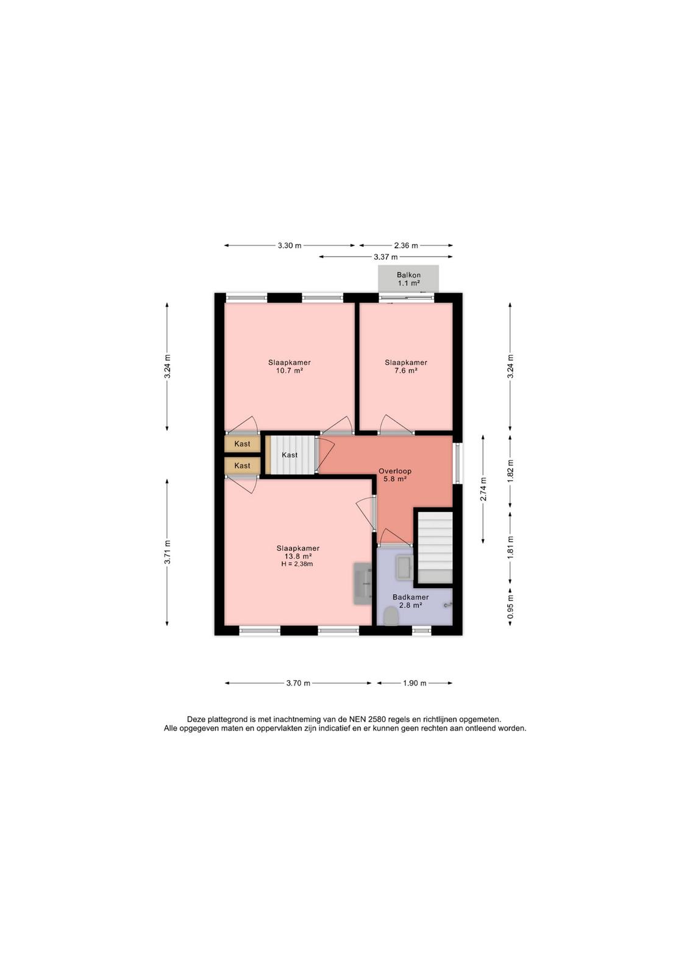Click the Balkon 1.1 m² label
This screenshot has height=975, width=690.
click(x=408, y=279)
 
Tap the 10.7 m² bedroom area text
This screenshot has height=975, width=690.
click(x=289, y=371)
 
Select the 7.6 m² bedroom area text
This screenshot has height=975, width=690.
click(x=405, y=371)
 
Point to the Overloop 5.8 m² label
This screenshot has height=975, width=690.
click(x=394, y=475)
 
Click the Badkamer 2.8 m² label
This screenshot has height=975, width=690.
click(x=410, y=601)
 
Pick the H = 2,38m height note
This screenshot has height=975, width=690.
click(x=297, y=564)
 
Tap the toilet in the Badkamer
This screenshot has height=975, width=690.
click(x=391, y=617)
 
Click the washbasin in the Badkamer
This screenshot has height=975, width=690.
click(x=404, y=567)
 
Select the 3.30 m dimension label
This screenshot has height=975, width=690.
click(x=290, y=246)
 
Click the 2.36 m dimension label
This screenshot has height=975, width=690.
click(x=406, y=246)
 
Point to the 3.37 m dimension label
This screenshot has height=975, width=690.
click(x=386, y=257)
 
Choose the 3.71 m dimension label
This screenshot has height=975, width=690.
click(x=167, y=552)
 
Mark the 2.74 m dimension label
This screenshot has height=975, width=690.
click(x=483, y=489)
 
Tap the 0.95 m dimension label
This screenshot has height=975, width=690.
click(x=510, y=606)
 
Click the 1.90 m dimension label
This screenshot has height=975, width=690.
click(x=414, y=683)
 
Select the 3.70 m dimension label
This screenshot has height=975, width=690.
click(x=298, y=683)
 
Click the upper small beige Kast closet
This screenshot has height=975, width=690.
click(x=243, y=444)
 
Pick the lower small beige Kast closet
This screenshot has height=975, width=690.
click(x=243, y=466)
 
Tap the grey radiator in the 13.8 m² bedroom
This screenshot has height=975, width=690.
click(x=362, y=583)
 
